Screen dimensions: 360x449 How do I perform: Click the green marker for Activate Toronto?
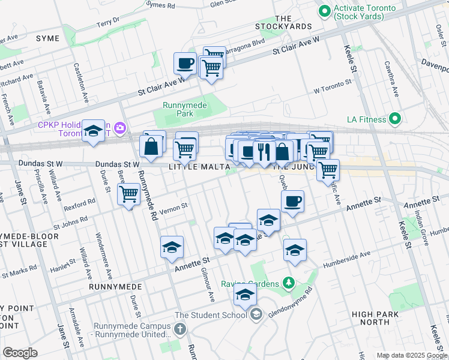325,11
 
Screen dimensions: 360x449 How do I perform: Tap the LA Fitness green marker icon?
394,119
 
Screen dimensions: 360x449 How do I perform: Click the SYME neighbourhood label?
48,38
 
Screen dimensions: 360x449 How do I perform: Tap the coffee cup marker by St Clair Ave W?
185,62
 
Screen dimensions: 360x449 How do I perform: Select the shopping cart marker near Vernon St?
129,193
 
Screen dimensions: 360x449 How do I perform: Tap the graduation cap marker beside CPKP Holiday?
93,131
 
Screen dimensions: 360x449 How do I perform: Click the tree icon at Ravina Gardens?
289,283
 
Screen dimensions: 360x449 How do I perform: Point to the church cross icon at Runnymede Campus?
180,329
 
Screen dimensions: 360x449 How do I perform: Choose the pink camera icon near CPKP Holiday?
121,127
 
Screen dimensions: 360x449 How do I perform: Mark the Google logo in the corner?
20,353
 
